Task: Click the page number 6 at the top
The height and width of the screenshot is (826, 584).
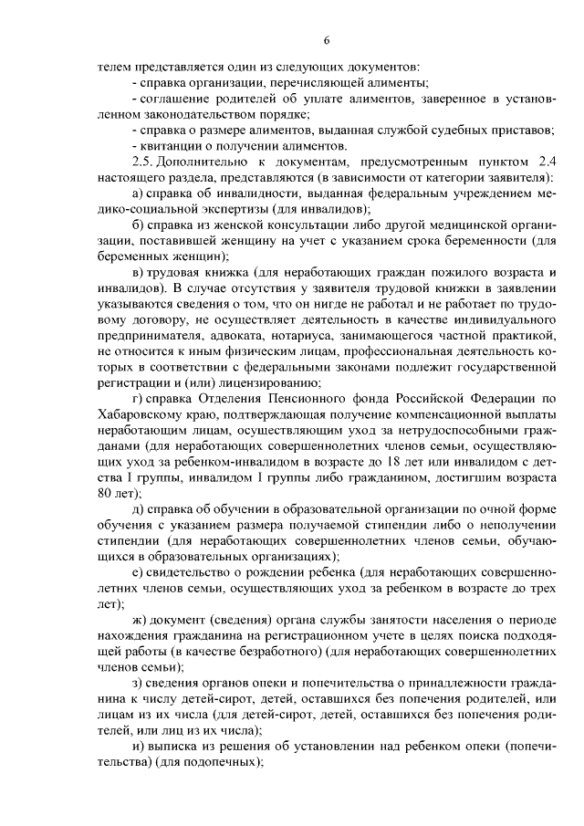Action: coord(326,38)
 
